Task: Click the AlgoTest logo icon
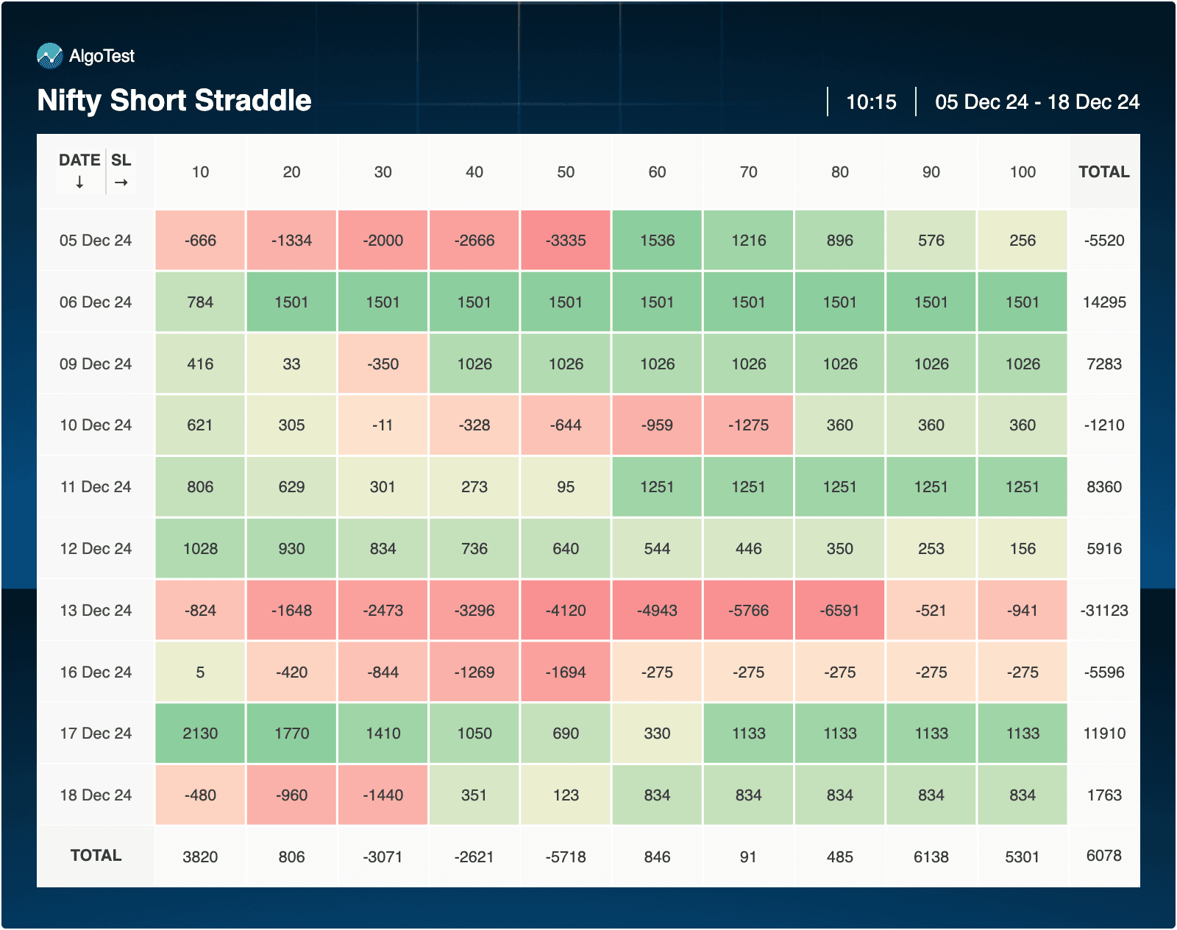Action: coord(49,56)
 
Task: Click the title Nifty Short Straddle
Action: coord(174,101)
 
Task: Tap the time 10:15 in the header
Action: coord(871,102)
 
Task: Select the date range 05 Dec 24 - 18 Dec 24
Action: coord(1036,102)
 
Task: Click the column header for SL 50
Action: coord(566,172)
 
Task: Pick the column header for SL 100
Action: coord(1023,172)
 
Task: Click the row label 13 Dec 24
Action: coord(96,611)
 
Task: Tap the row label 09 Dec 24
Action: coord(96,364)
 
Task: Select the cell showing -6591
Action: coord(839,611)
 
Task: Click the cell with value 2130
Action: coord(200,734)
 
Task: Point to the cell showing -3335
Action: coord(566,241)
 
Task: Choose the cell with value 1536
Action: coord(657,241)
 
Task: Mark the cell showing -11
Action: coord(383,425)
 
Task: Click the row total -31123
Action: coord(1104,611)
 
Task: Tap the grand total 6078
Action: coord(1104,856)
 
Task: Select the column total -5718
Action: coord(566,857)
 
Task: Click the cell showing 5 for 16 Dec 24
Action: coord(200,672)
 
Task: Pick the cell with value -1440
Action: coord(383,795)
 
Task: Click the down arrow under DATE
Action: coord(79,182)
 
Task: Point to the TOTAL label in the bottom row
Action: coord(96,856)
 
